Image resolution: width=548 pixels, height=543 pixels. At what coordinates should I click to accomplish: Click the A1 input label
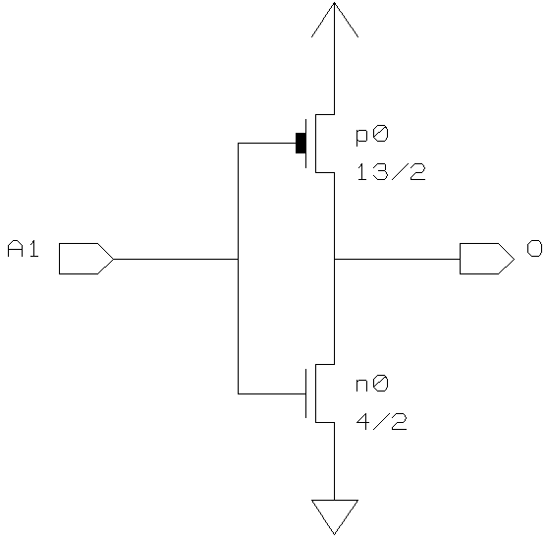click(x=23, y=249)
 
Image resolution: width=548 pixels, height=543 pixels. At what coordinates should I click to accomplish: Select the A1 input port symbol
click(x=86, y=259)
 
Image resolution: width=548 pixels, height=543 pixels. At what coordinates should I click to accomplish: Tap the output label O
click(x=534, y=249)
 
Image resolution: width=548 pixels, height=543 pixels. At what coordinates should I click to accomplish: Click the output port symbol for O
click(x=487, y=259)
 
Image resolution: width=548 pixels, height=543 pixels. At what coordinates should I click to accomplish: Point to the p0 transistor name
click(x=372, y=136)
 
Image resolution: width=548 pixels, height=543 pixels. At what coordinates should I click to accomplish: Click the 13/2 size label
click(x=391, y=172)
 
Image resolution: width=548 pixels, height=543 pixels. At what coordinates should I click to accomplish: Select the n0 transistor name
click(x=372, y=384)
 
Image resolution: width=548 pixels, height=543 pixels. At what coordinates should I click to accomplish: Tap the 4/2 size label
click(x=382, y=422)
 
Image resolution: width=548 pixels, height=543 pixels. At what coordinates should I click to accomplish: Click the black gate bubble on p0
click(x=301, y=143)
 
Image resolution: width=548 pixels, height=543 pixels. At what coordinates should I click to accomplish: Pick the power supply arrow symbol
click(x=335, y=20)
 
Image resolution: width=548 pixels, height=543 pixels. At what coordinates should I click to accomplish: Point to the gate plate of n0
click(x=306, y=393)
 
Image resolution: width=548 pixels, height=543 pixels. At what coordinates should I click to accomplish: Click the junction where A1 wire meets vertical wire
click(x=239, y=259)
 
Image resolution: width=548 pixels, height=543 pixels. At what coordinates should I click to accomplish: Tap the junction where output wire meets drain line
click(x=335, y=259)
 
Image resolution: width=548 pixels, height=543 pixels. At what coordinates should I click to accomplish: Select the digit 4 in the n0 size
click(x=362, y=422)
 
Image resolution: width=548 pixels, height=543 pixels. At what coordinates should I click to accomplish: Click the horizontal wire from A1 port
click(x=176, y=259)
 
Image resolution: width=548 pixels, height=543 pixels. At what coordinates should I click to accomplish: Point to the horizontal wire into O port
click(x=397, y=259)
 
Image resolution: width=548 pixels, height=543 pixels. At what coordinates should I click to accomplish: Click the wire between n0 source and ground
click(x=335, y=461)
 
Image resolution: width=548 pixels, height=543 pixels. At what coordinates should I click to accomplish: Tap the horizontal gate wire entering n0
click(x=272, y=393)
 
